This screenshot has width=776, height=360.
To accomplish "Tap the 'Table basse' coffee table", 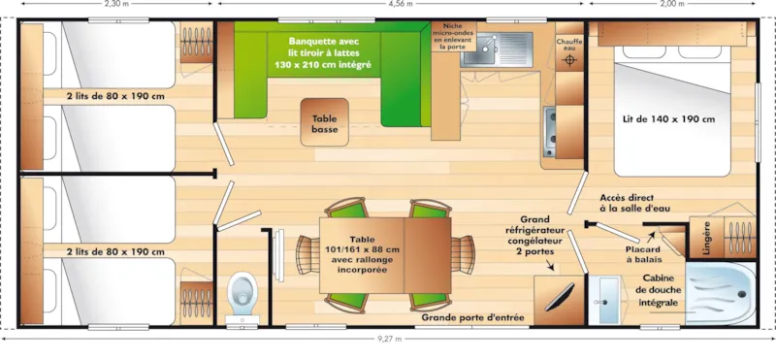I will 324,123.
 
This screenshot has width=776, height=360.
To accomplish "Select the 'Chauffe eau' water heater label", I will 569,44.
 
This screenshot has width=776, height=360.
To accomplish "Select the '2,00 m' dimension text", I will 671,4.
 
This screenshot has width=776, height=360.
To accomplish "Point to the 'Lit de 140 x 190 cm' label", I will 668,119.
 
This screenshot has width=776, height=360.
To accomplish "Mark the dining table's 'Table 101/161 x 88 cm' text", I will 362,255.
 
